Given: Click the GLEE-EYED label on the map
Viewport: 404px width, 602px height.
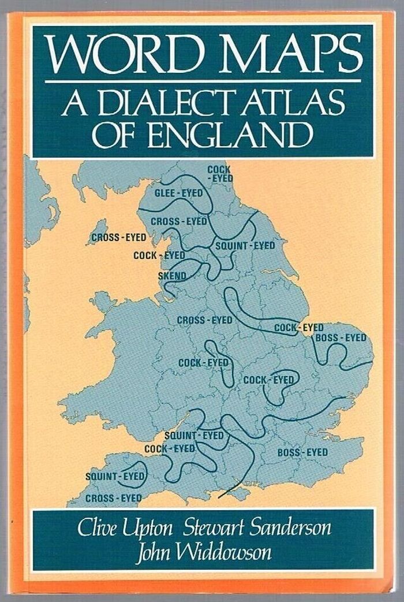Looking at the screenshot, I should tap(179, 194).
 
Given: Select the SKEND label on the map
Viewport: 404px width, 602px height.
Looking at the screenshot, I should tap(172, 276).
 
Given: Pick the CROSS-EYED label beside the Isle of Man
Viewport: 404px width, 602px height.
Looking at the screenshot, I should tap(119, 237).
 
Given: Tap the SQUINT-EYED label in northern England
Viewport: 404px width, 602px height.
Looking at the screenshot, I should tap(245, 246).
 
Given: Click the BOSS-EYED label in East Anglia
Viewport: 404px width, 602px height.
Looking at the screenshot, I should tap(341, 337).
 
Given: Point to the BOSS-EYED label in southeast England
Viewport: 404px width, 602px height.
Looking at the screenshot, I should tap(302, 452).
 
